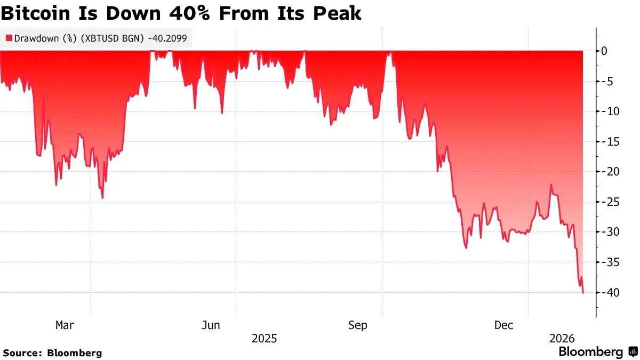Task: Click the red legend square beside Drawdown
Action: tap(9, 38)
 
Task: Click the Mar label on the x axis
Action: tap(65, 325)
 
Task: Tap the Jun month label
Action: tap(211, 325)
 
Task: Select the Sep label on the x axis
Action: tap(357, 325)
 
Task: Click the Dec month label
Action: tap(504, 325)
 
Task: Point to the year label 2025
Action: tap(264, 339)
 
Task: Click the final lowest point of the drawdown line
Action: tap(583, 292)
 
